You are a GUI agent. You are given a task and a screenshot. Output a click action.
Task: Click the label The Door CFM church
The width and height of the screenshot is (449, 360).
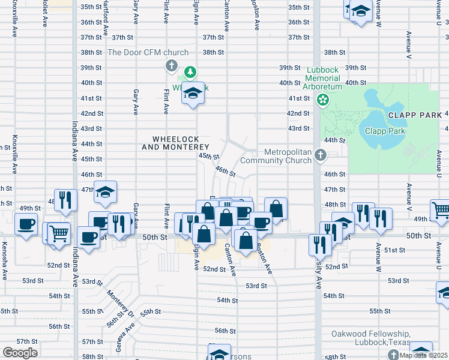[x=148, y=52]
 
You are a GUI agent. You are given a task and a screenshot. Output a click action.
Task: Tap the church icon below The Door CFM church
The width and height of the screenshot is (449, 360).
[x=170, y=65]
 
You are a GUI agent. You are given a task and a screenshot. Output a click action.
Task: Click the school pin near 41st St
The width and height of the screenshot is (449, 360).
[x=193, y=93]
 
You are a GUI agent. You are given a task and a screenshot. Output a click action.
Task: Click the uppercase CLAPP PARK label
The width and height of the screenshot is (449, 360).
[x=414, y=114]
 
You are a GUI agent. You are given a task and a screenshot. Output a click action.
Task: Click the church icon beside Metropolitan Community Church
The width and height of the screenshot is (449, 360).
[x=321, y=156]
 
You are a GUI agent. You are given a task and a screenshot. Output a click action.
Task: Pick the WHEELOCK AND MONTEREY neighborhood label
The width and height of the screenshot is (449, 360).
[x=175, y=143]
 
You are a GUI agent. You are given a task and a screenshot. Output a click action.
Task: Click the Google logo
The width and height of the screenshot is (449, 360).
[x=20, y=353]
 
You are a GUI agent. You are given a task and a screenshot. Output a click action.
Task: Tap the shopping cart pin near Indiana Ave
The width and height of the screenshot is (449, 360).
[x=59, y=233]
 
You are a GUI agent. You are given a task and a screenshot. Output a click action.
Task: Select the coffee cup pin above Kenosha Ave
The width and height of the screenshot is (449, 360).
[x=26, y=224]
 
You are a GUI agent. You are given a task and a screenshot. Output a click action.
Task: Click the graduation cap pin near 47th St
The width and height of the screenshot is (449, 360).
[x=105, y=192]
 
